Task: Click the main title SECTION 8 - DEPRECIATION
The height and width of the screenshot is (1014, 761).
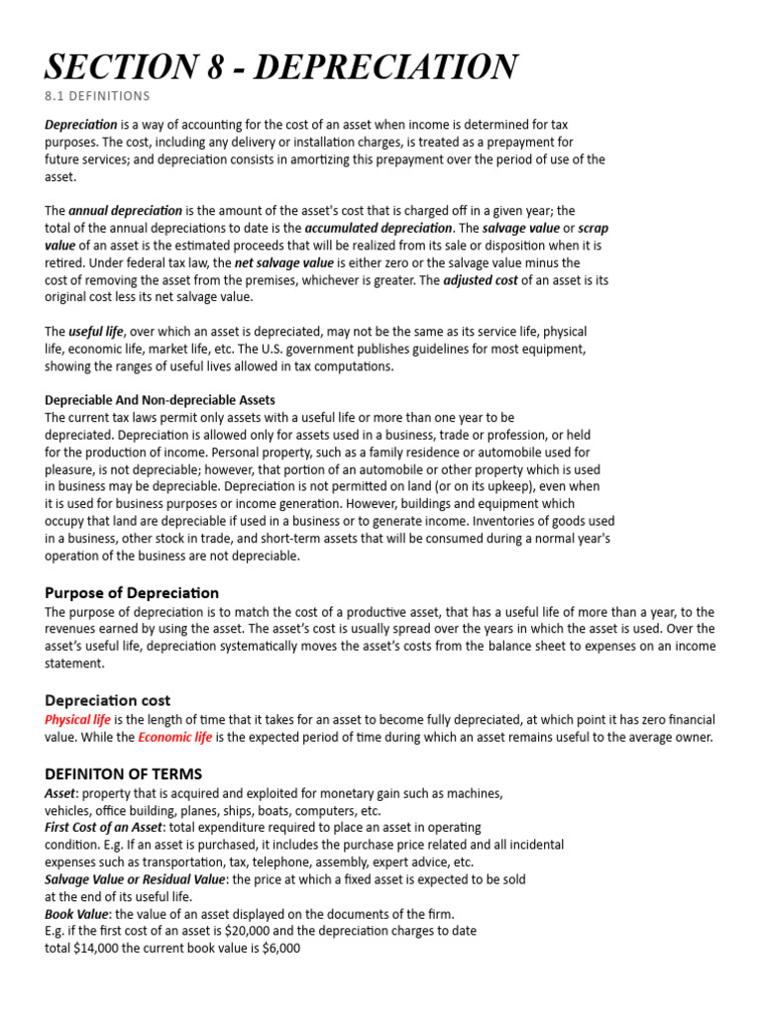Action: (x=280, y=66)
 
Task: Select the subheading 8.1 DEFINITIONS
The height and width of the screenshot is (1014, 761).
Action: (x=97, y=96)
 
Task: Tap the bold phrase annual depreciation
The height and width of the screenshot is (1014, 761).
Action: (x=125, y=211)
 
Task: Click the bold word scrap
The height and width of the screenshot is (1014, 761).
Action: (x=593, y=228)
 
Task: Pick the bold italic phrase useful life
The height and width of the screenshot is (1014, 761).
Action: (x=96, y=331)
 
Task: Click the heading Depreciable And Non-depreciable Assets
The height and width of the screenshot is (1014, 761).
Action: (x=160, y=400)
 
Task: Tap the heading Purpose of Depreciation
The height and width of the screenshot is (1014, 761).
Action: (x=132, y=592)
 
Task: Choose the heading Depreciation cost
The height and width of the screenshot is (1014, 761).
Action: (x=107, y=699)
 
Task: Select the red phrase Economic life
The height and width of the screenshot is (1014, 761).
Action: (x=174, y=738)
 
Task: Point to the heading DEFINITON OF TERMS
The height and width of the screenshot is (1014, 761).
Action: (x=123, y=773)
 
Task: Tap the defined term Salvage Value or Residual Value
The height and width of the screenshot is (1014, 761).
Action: (x=135, y=879)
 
